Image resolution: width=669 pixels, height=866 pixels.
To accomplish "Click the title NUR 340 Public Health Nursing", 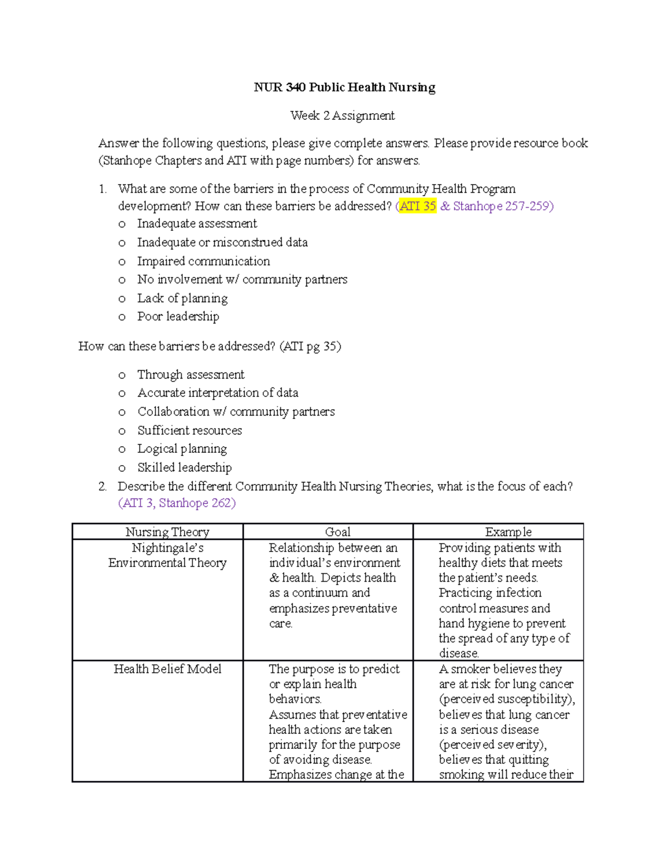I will click(x=345, y=88).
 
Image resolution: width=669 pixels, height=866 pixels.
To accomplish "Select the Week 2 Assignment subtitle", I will click(x=342, y=116).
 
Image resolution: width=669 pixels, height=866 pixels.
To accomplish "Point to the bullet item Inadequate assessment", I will click(x=197, y=224).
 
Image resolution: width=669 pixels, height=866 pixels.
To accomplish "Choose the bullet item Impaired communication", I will click(x=203, y=261).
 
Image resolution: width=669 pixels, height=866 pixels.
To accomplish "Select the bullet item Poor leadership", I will click(x=178, y=317).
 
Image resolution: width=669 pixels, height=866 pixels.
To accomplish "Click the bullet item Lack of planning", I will click(x=182, y=298).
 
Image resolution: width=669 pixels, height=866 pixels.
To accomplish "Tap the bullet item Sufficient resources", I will click(x=190, y=430).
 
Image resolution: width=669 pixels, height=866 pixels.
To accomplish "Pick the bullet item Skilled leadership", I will click(x=185, y=468).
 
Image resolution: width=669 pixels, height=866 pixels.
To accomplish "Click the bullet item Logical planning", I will click(x=182, y=449).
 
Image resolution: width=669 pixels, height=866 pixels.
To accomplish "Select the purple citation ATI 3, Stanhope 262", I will click(x=177, y=503).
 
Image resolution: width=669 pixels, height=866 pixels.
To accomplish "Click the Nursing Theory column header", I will click(x=167, y=532).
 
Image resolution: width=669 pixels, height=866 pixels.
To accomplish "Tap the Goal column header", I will click(x=338, y=532).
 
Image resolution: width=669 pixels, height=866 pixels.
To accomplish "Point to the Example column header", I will click(x=508, y=532).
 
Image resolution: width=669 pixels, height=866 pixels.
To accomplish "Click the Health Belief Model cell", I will click(x=167, y=669).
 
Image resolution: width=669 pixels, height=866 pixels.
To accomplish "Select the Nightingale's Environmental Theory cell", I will click(x=167, y=555).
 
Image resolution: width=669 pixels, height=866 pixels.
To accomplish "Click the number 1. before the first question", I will click(x=103, y=189).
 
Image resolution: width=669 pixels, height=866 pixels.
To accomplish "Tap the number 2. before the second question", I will click(x=103, y=486).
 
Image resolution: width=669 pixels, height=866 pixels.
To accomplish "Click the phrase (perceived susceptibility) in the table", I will click(x=506, y=699).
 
